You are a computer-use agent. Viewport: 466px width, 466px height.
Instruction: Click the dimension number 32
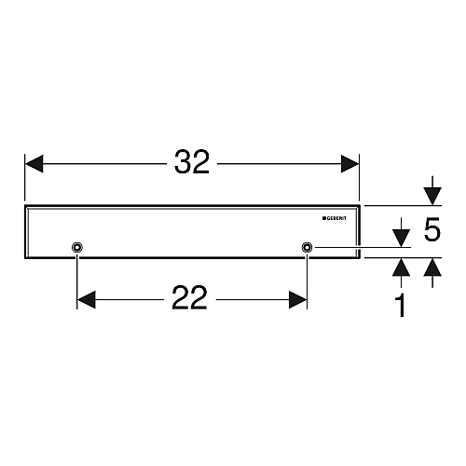point(192,162)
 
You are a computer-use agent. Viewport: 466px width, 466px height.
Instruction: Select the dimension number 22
point(189,297)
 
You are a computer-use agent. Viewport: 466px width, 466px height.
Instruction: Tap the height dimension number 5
point(432,229)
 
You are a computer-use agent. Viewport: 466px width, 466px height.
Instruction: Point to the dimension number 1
point(401,306)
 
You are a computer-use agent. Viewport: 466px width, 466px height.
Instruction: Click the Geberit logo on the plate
point(335,218)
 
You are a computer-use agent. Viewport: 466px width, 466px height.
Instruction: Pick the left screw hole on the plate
point(76,247)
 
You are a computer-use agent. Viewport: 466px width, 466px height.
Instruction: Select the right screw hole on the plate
point(307,247)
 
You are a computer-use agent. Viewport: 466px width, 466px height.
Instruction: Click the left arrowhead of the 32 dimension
point(34,164)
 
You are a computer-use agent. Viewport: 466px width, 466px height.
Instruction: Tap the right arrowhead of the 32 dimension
point(350,164)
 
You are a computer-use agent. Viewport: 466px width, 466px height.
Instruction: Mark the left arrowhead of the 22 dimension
point(86,300)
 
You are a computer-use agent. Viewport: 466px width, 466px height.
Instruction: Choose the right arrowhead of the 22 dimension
point(298,300)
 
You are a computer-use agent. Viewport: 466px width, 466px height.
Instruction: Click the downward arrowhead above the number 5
point(432,197)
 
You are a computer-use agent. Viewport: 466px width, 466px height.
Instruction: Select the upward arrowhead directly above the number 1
point(401,267)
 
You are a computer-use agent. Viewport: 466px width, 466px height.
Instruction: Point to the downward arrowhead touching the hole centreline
point(401,239)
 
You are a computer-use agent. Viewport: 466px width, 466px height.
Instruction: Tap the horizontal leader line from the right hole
point(363,248)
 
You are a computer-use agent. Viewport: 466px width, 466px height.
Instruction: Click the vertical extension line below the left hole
point(76,281)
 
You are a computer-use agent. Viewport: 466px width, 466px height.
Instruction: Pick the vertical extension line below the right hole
point(307,281)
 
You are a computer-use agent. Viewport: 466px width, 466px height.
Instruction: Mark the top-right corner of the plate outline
point(360,205)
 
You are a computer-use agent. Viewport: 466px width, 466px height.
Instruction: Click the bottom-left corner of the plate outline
point(24,258)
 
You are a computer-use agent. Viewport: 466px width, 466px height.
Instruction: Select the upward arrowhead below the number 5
point(432,267)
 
